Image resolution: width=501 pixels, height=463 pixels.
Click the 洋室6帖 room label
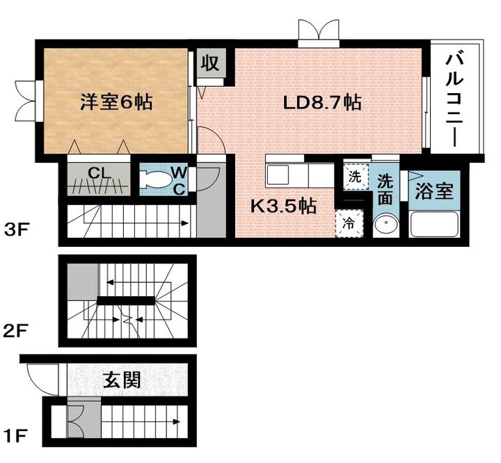[116, 102]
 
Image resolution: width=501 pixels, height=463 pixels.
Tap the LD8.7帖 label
[323, 103]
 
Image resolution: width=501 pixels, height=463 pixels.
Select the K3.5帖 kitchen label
[283, 206]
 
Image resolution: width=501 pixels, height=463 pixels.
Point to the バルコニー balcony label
[454, 100]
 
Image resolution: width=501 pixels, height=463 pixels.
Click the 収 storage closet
[211, 63]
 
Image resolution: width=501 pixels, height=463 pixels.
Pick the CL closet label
[100, 174]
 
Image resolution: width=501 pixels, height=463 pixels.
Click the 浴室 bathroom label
[434, 191]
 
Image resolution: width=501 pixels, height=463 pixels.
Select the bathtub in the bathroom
[434, 225]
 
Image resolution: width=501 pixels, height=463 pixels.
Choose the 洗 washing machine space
[356, 177]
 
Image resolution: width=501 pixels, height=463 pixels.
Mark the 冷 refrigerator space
[349, 224]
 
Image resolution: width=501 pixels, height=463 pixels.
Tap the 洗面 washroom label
[385, 190]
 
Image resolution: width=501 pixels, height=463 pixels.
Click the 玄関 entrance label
[122, 380]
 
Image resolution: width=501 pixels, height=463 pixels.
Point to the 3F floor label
[17, 230]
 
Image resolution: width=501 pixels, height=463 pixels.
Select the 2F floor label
[16, 330]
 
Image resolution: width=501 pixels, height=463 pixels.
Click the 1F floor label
[15, 436]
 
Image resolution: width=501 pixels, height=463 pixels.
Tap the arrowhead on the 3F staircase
[184, 223]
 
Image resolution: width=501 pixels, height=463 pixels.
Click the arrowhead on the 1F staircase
[176, 422]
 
